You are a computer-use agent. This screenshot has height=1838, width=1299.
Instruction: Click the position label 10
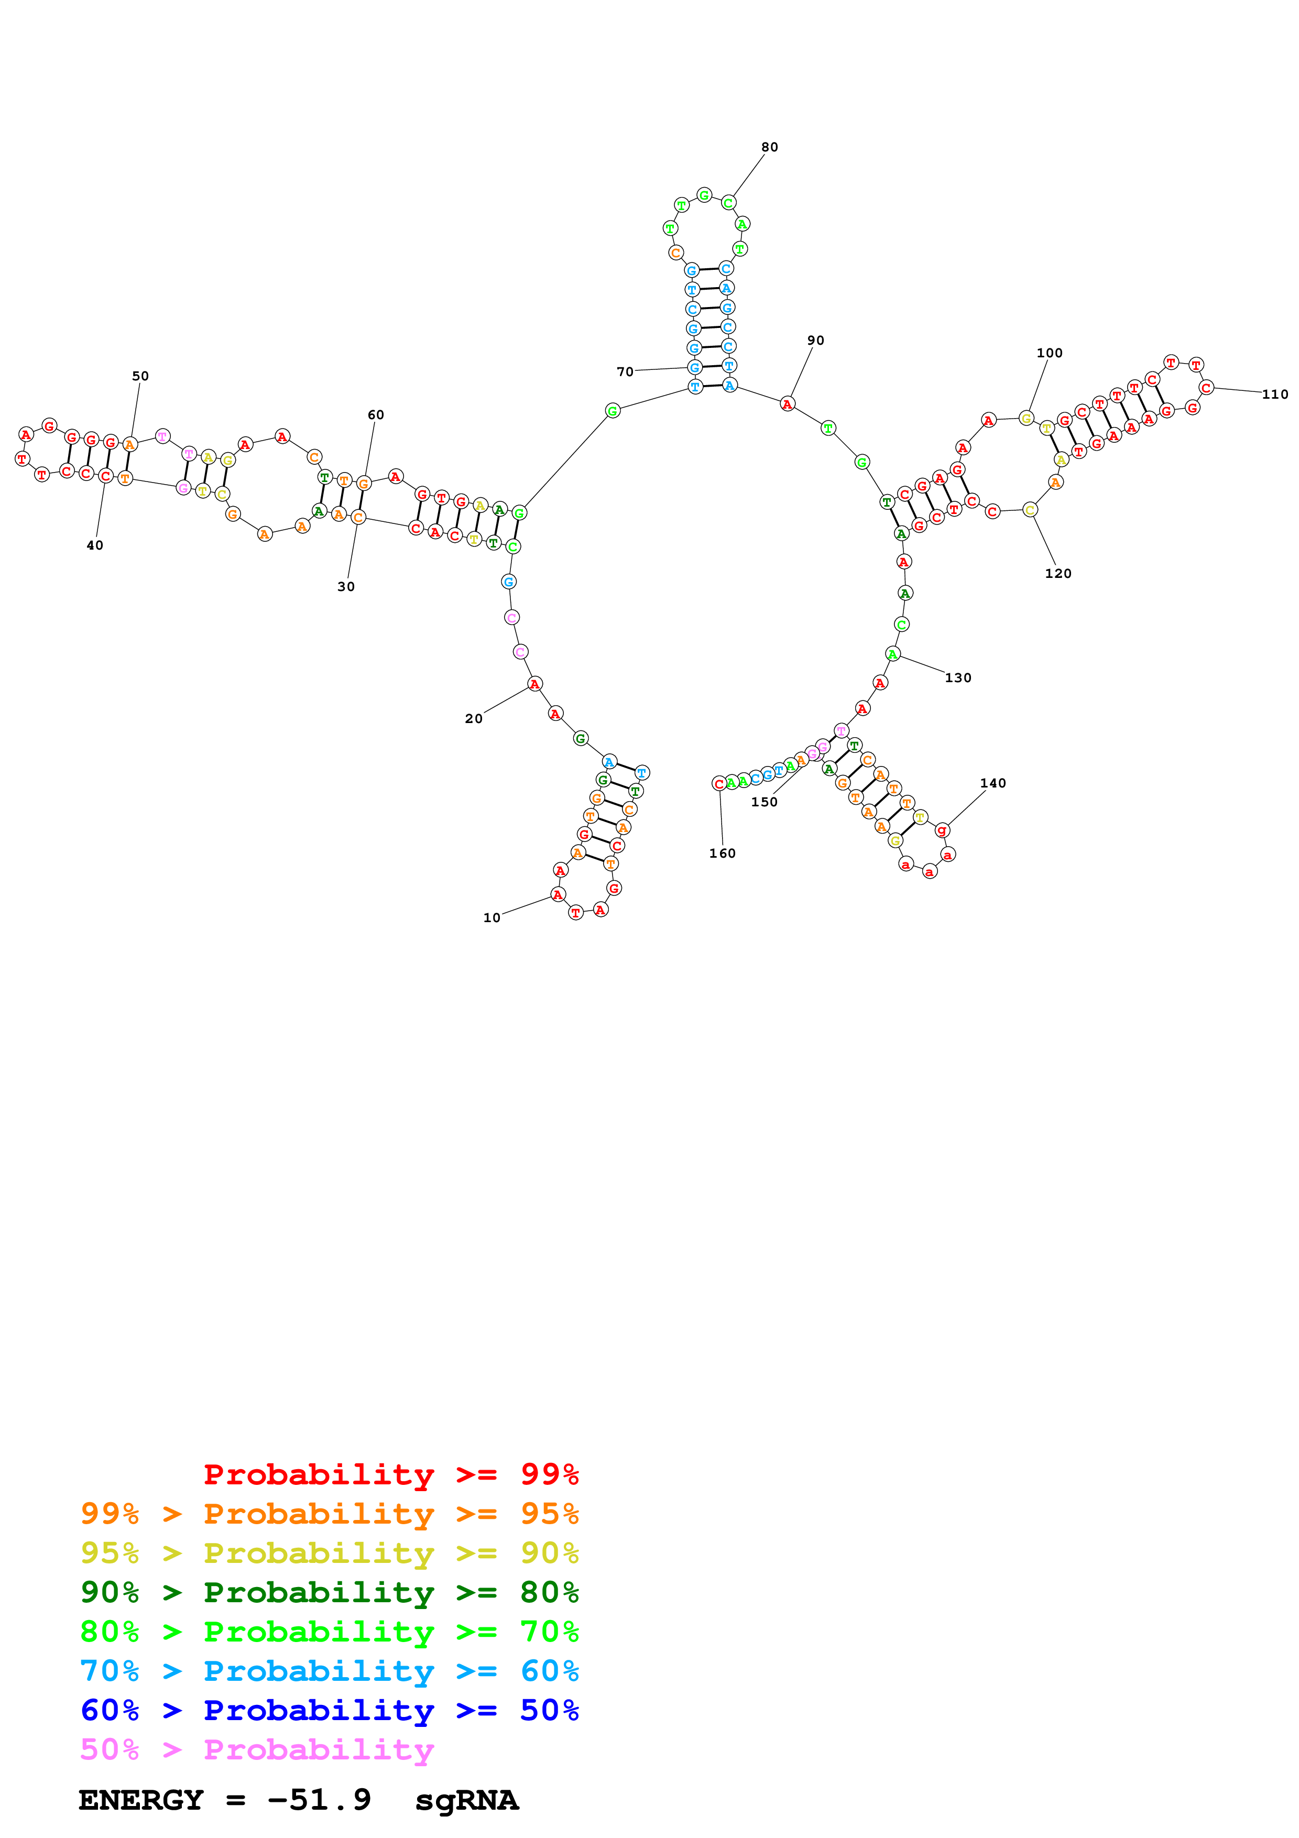click(x=492, y=917)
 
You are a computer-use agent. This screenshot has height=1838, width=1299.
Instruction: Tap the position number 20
click(x=474, y=718)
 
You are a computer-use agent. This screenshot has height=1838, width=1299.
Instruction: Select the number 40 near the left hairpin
click(x=94, y=545)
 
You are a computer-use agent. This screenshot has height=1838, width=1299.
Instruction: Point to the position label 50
click(x=140, y=376)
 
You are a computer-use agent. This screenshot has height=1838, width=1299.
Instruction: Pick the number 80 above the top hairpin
click(x=769, y=147)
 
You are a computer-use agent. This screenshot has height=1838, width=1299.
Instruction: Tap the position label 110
click(x=1275, y=394)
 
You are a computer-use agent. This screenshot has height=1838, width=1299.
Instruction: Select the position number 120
click(x=1057, y=573)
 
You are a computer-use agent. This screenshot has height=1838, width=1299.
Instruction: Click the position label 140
click(x=992, y=783)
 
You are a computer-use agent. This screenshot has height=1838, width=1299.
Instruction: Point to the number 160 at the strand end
click(x=722, y=854)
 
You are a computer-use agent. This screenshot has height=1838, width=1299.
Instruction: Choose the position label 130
click(x=958, y=677)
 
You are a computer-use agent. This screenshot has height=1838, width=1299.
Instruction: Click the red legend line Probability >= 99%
click(x=390, y=1474)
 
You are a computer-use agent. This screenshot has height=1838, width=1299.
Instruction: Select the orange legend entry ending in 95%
click(x=330, y=1513)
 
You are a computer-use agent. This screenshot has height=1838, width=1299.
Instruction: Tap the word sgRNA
click(x=466, y=1800)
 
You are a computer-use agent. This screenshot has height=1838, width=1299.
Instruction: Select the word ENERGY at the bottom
click(x=141, y=1800)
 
